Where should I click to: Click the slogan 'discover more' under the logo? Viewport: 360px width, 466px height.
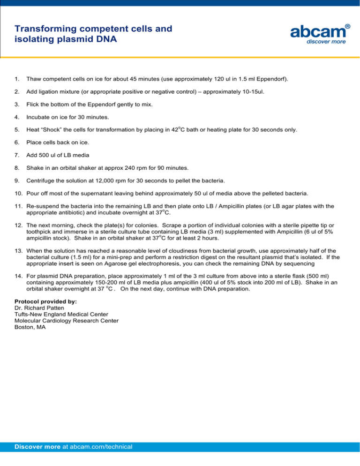[326, 42]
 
